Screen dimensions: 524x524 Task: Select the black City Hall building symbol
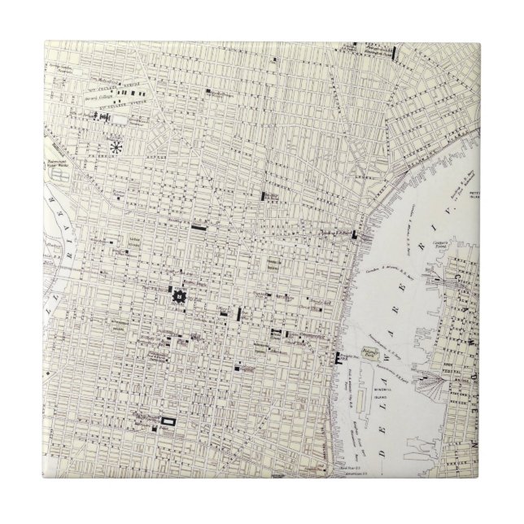coord(177,298)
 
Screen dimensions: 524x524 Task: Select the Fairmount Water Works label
coord(61,174)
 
